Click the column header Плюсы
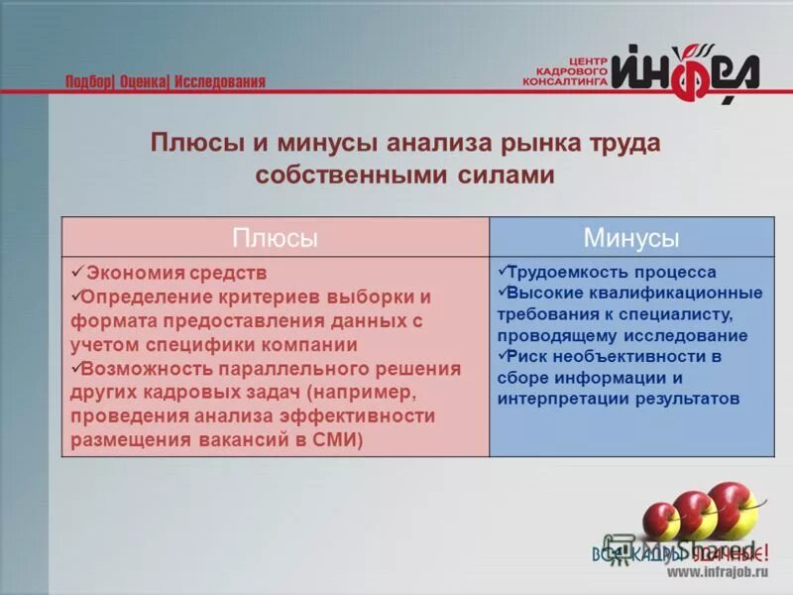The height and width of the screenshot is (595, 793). pyautogui.click(x=276, y=238)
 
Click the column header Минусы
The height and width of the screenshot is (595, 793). pyautogui.click(x=631, y=238)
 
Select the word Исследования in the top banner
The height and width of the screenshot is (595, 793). pyautogui.click(x=220, y=82)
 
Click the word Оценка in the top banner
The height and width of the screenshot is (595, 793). pyautogui.click(x=144, y=82)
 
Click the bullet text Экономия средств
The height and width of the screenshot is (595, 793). pyautogui.click(x=176, y=273)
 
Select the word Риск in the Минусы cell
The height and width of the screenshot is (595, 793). pyautogui.click(x=529, y=356)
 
